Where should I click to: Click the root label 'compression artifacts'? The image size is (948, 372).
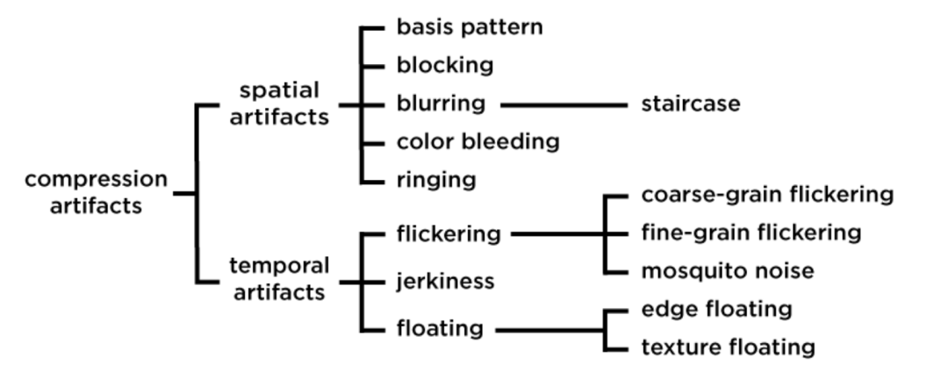click(96, 192)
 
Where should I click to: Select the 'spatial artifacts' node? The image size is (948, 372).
click(279, 104)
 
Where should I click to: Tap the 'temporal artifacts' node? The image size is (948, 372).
click(279, 279)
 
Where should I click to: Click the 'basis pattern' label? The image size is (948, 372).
click(469, 27)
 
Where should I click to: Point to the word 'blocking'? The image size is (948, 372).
click(444, 65)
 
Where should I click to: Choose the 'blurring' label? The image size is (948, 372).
click(440, 104)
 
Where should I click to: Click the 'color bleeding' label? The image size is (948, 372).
click(478, 141)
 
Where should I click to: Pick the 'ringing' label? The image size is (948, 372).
click(435, 181)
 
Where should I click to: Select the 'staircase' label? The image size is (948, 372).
click(690, 104)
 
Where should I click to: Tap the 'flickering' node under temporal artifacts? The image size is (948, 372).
click(448, 234)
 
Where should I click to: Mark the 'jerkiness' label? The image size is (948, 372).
click(445, 282)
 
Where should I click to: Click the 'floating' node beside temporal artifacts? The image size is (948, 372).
click(440, 329)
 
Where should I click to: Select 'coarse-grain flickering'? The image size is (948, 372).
click(767, 194)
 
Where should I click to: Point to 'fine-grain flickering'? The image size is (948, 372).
click(751, 232)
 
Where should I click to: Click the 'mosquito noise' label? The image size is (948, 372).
click(728, 271)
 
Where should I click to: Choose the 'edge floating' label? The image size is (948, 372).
click(716, 310)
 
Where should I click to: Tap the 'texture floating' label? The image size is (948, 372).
click(728, 347)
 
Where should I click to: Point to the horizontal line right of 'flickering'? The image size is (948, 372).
click(558, 234)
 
